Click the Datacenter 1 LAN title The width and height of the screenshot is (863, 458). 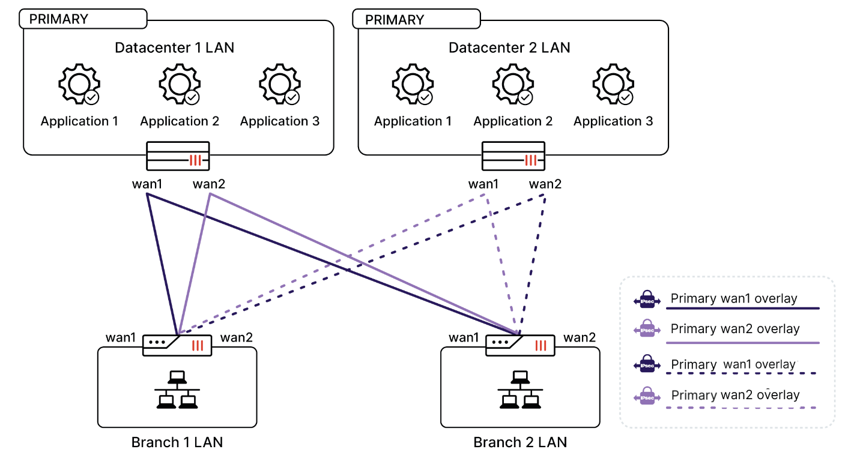click(x=174, y=47)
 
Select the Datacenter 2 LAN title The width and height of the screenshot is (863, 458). click(x=509, y=47)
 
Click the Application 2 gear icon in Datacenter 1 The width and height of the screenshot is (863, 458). click(x=179, y=85)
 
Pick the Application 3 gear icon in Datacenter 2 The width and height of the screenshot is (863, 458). click(x=613, y=85)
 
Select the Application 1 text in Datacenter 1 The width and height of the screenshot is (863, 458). click(x=79, y=121)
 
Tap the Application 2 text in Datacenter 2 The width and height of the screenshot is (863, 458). click(x=513, y=121)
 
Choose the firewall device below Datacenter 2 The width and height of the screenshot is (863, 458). click(x=513, y=156)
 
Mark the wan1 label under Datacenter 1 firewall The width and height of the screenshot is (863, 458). click(x=148, y=184)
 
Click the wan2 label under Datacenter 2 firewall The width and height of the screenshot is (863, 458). click(x=545, y=184)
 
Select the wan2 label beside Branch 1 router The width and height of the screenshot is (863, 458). click(x=236, y=338)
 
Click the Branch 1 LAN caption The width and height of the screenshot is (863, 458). click(x=177, y=442)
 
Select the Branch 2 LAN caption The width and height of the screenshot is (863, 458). click(x=520, y=442)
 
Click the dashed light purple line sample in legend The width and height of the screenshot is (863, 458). click(x=742, y=408)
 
